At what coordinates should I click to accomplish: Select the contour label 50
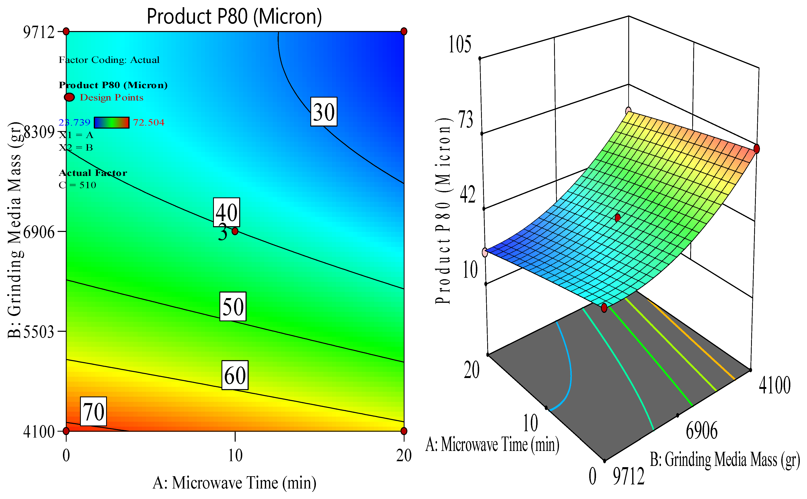point(233,306)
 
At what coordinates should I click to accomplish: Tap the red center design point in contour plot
point(235,231)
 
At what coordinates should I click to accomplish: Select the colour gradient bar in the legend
point(112,122)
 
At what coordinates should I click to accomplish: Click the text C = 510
point(78,185)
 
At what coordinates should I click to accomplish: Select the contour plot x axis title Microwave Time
point(234,483)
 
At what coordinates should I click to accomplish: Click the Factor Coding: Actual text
point(109,60)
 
